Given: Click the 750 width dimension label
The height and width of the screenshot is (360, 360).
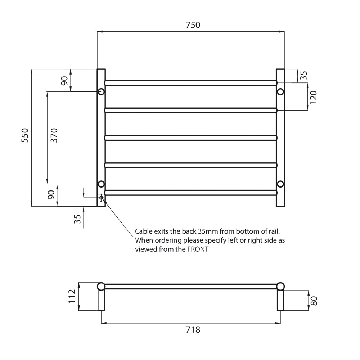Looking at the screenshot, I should (x=193, y=25).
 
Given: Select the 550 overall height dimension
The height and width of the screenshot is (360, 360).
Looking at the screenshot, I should (x=25, y=135).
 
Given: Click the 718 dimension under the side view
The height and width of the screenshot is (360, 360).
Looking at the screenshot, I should (x=193, y=329).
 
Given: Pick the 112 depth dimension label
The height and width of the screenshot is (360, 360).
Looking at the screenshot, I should (x=72, y=296).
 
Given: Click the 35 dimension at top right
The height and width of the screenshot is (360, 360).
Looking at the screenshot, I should (x=303, y=75).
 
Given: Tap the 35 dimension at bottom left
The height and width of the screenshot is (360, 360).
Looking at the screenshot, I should (x=77, y=219).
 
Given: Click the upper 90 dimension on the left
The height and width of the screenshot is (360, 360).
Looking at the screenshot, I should (x=64, y=81).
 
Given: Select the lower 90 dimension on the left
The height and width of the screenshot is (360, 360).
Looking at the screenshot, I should (x=51, y=195).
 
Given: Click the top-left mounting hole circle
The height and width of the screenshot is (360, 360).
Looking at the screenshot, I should (x=101, y=91).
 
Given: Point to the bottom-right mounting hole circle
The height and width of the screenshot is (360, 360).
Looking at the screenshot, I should (x=280, y=184).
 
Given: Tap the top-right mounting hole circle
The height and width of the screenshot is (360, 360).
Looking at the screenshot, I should (x=280, y=91).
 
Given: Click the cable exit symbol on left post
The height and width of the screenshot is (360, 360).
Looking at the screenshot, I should (x=101, y=198).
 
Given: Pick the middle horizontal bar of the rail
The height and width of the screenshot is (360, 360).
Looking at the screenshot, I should (x=191, y=138).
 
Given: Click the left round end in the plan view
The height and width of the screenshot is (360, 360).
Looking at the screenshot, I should (x=102, y=287).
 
